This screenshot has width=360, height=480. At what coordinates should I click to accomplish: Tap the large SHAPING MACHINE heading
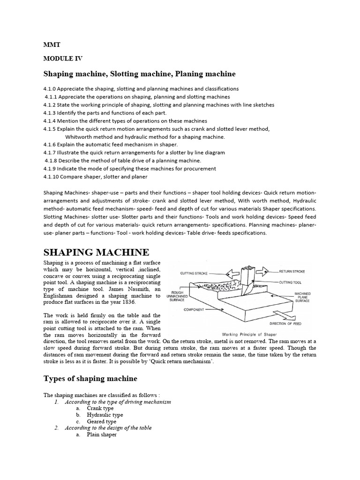[97, 252]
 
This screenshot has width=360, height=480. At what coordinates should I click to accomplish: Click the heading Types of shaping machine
[90, 379]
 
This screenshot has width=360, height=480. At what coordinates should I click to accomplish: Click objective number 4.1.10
[52, 177]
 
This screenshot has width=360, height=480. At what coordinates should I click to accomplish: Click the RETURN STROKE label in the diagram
[292, 271]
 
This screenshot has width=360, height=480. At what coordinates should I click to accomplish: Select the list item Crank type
[100, 408]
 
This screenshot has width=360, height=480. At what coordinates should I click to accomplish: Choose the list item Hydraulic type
[105, 415]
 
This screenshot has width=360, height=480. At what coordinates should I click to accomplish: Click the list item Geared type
[101, 421]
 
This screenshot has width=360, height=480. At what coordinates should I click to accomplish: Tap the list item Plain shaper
[101, 435]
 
